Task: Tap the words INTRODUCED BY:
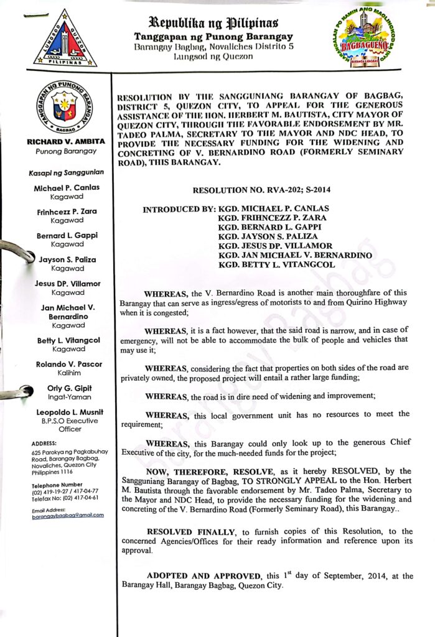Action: (x=179, y=208)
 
